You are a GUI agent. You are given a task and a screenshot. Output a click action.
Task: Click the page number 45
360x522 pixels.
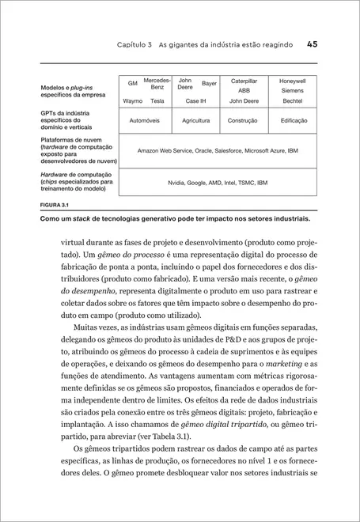coord(312,45)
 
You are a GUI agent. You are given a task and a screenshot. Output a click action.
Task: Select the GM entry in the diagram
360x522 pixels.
coord(133,83)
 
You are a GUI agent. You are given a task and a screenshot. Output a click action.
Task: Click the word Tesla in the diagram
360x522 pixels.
coord(157,101)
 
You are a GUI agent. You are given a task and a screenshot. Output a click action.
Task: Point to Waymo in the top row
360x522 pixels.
coord(133,101)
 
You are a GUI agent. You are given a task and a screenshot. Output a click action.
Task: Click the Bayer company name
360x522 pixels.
coord(209,83)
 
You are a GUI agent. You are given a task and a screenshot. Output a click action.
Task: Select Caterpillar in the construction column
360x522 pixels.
coord(244,81)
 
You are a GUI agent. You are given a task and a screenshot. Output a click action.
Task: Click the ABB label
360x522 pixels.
coord(244,91)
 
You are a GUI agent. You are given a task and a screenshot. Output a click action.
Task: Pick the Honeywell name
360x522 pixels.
coord(293,81)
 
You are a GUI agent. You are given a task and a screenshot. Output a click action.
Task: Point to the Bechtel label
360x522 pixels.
coord(293,101)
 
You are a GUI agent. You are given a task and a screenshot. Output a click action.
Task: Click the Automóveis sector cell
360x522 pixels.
coord(146,121)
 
